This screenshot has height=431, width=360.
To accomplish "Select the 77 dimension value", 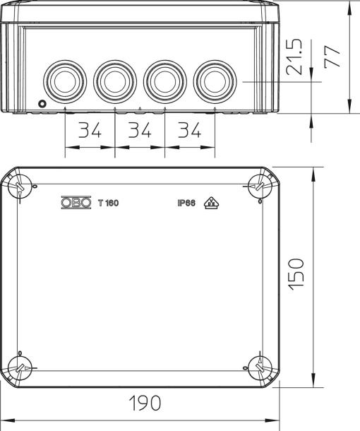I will coord(332,54).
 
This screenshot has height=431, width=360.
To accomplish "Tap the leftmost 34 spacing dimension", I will coord(89,131).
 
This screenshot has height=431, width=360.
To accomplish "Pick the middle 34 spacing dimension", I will coord(139,131).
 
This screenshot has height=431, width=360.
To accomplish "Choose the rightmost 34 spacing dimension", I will coord(189,131).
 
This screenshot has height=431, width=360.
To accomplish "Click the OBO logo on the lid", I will coord(76,203).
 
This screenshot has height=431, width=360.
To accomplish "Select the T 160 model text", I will coord(109,203).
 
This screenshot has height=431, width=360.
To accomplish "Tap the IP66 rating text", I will coord(186,203).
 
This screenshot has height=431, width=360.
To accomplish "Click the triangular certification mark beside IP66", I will coord(210,203).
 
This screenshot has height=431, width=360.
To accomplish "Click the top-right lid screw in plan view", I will coord(258,186).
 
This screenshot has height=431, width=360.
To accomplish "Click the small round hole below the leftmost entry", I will coord(42,105).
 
